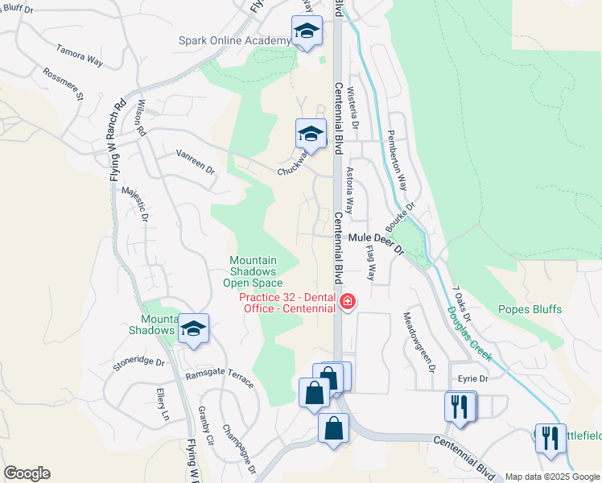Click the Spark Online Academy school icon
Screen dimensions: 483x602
[x=305, y=32]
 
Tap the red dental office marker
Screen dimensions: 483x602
[x=348, y=303]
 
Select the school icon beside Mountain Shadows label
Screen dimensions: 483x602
[x=193, y=328]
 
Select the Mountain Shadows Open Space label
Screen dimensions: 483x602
[x=253, y=271]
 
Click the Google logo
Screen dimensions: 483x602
[x=27, y=473]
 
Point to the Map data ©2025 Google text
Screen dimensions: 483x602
[x=552, y=477]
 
